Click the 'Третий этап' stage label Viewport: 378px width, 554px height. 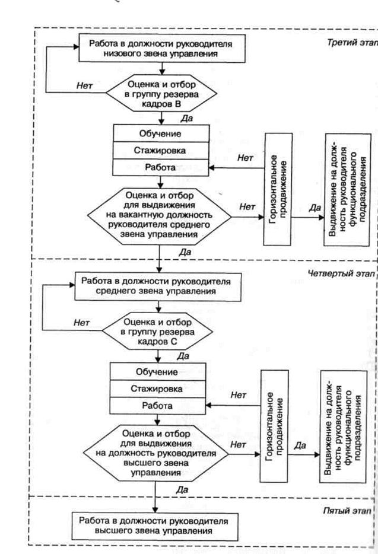click(351, 43)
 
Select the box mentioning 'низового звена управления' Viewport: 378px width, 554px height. click(160, 49)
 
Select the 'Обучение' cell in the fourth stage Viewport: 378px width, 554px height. click(157, 372)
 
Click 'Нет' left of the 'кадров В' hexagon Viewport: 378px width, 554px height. click(84, 85)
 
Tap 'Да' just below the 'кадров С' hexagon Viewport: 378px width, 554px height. click(183, 356)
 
